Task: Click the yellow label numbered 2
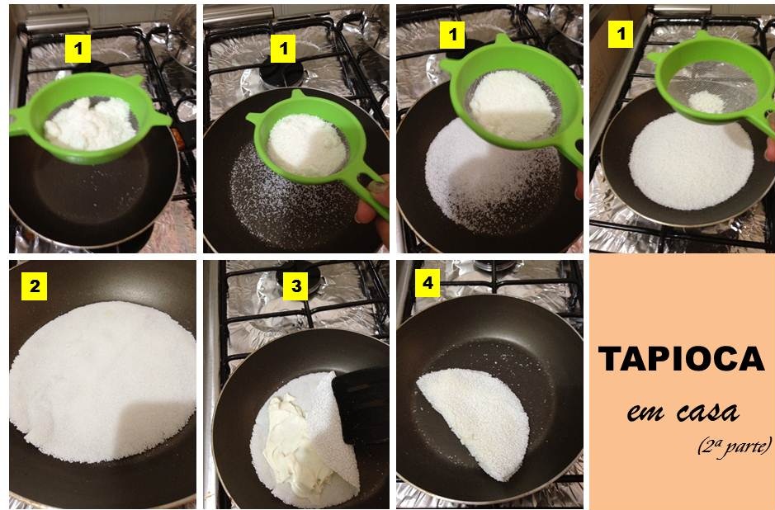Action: pos(34,287)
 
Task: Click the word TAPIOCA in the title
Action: pos(682,359)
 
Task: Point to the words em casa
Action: pos(682,410)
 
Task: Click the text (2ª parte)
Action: pos(733,446)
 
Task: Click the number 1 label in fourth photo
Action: pos(621,33)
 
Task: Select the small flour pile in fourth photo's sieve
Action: pos(705,102)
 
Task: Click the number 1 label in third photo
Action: pos(451,35)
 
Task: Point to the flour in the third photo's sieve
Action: pos(512,103)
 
